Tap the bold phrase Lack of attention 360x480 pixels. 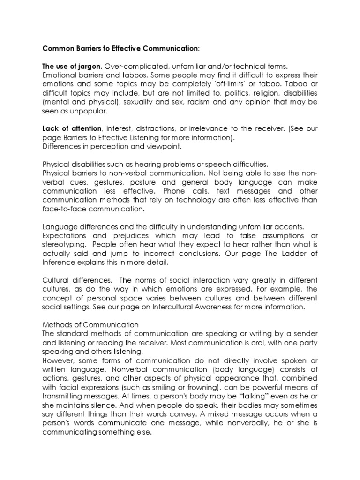click(x=72, y=128)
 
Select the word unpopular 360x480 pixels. click(x=90, y=111)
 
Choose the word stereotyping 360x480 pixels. click(x=64, y=244)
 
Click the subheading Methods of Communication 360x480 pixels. click(x=90, y=324)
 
